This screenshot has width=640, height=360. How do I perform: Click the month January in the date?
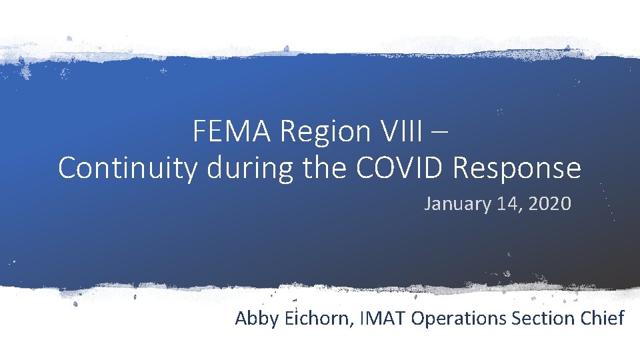click(457, 204)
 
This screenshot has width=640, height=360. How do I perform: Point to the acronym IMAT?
click(382, 318)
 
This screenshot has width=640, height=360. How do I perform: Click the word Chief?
click(601, 318)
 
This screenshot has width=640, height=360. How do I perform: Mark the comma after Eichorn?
click(352, 325)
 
